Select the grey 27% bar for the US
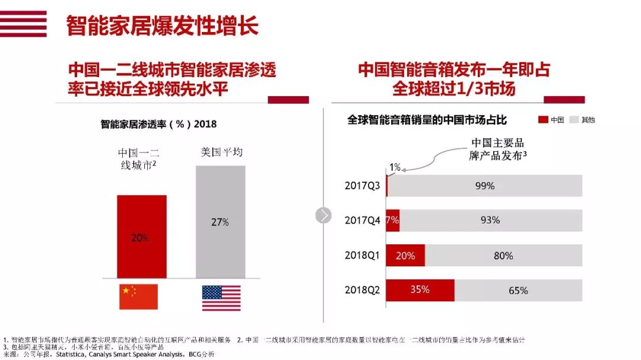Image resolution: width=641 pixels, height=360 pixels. click(x=220, y=223)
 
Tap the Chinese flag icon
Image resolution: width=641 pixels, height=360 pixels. click(x=138, y=297)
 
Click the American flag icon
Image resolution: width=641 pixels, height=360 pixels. click(x=221, y=298)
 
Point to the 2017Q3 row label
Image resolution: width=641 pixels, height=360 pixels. click(x=362, y=186)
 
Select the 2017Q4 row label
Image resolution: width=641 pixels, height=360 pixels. click(x=362, y=220)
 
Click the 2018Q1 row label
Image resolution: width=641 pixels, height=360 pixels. click(x=362, y=256)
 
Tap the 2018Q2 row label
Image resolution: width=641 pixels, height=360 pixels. click(x=362, y=291)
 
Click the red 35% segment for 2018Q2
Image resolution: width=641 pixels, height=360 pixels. click(x=420, y=290)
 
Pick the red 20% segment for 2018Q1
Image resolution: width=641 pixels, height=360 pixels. click(x=405, y=256)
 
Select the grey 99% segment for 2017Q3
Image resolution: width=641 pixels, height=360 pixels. click(x=485, y=186)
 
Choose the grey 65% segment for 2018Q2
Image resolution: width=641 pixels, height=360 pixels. click(x=518, y=290)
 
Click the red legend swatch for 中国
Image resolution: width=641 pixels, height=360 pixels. click(x=542, y=120)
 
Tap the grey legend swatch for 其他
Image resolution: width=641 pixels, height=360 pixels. click(x=574, y=120)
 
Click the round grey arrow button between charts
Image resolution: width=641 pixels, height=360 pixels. click(x=323, y=215)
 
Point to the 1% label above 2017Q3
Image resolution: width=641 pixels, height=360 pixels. click(x=395, y=167)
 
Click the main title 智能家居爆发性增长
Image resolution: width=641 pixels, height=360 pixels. click(x=162, y=26)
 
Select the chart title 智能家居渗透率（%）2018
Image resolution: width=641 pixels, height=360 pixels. click(x=158, y=125)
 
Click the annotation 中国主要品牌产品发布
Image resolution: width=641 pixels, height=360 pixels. click(x=497, y=149)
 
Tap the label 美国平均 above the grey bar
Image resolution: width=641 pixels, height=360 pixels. click(x=221, y=152)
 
